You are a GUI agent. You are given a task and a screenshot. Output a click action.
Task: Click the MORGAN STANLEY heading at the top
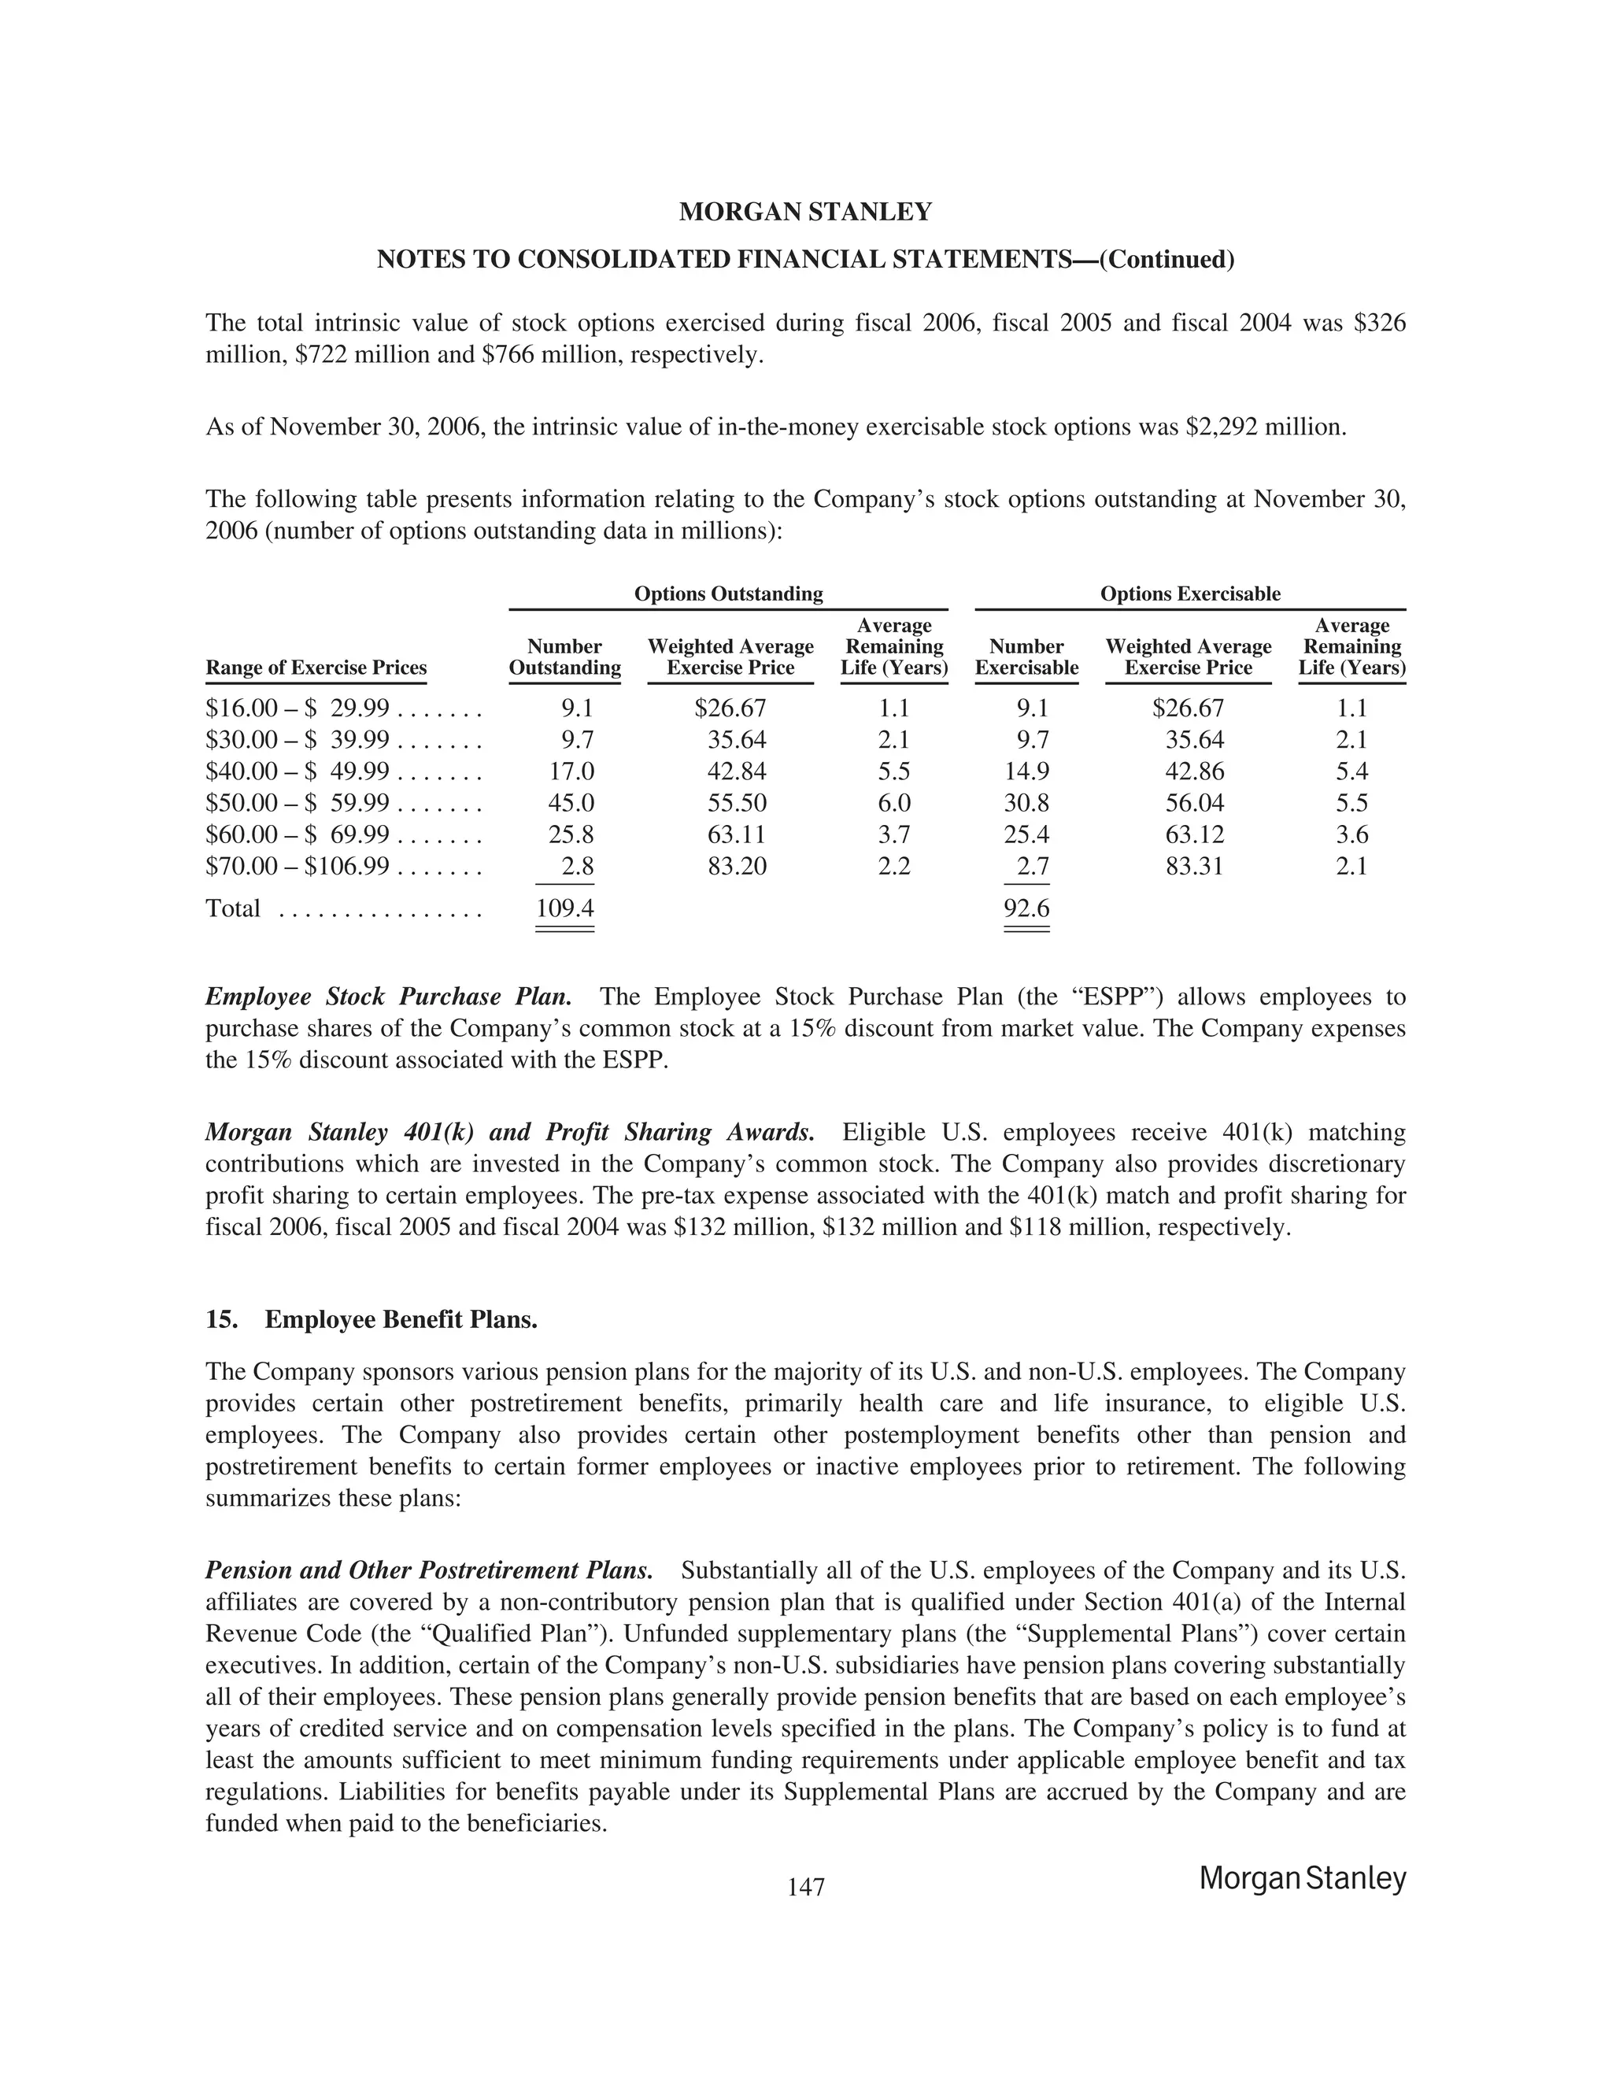click(x=805, y=212)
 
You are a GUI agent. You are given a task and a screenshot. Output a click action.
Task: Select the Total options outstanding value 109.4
click(x=564, y=908)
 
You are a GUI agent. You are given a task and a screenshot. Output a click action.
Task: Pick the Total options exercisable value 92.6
click(x=1026, y=908)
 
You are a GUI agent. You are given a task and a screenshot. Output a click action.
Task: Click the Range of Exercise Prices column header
click(x=316, y=668)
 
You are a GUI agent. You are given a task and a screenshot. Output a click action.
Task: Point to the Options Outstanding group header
click(x=729, y=594)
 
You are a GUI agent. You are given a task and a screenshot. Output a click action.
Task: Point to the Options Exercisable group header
click(x=1190, y=594)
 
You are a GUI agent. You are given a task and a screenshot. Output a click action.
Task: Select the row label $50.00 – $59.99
click(x=297, y=803)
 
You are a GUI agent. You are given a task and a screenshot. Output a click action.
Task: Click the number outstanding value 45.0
click(x=571, y=803)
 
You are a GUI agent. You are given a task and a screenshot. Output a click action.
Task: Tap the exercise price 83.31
click(x=1195, y=867)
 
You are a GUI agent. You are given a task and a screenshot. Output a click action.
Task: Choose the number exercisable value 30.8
click(x=1026, y=803)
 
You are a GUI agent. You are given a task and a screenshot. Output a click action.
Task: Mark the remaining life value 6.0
click(x=894, y=803)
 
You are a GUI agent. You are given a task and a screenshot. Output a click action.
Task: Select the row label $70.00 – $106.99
click(x=297, y=867)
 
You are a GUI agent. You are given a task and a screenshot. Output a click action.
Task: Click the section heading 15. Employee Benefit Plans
click(x=372, y=1320)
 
